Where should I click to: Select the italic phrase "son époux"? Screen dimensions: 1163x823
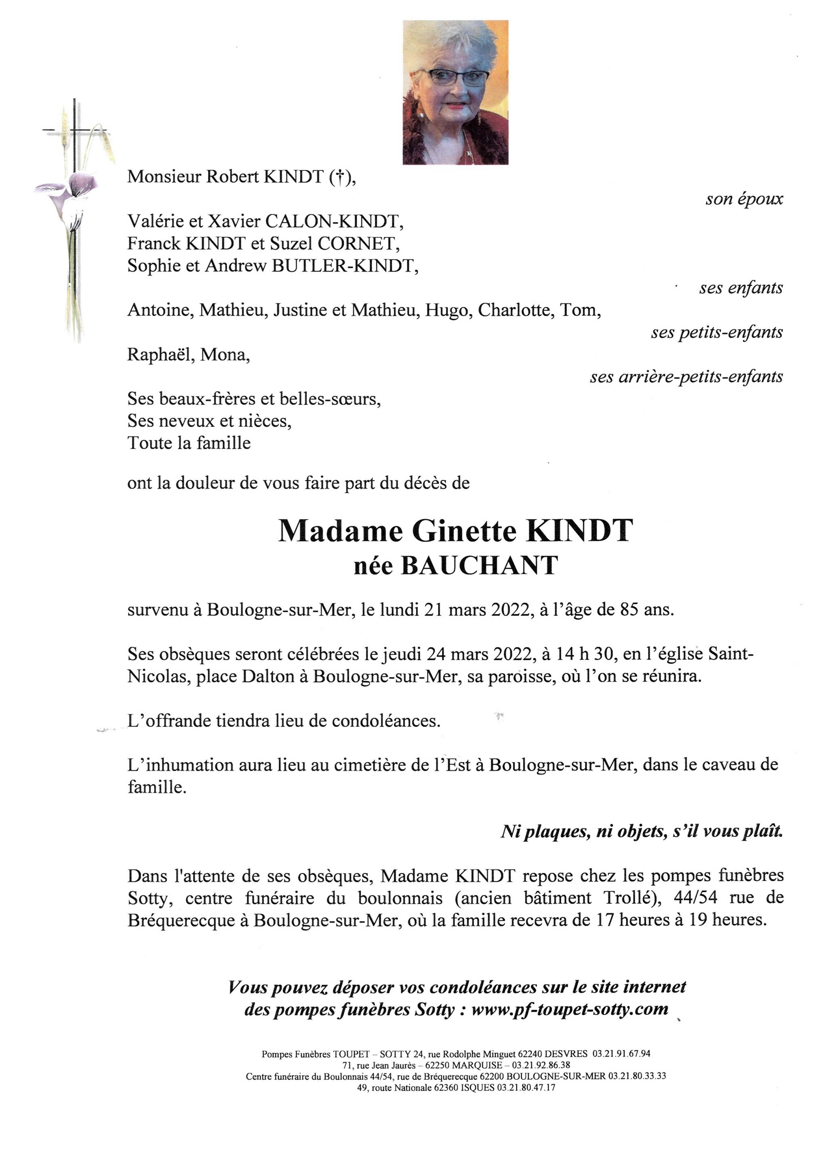point(744,199)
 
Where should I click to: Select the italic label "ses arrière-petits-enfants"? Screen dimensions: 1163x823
point(686,377)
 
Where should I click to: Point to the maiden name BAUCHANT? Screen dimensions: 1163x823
point(480,566)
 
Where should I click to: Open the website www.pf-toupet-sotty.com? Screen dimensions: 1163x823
point(570,1010)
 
